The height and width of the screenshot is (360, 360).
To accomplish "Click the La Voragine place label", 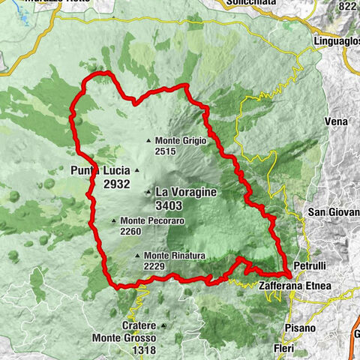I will (x=186, y=192).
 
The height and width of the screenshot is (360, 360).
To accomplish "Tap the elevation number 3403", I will (x=173, y=205).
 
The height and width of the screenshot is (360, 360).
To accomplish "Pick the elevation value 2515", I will (x=166, y=151).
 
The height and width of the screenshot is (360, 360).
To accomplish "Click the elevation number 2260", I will (x=130, y=231).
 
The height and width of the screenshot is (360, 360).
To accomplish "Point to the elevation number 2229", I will (x=154, y=267).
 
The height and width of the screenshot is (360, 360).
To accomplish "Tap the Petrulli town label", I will (x=312, y=265).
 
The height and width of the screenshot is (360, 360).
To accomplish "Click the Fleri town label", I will (x=284, y=349).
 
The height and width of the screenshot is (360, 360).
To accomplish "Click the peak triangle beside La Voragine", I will (x=148, y=193).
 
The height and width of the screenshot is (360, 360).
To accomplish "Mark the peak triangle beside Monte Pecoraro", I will (x=114, y=220).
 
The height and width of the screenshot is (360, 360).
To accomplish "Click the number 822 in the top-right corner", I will (x=346, y=5).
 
